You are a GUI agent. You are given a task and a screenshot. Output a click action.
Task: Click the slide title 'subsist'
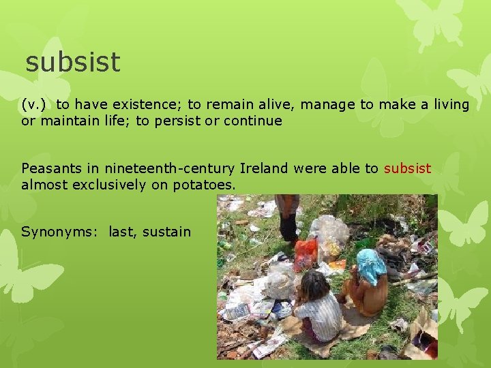pos(72,63)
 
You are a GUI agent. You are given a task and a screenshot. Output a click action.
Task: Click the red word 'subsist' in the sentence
pos(407,168)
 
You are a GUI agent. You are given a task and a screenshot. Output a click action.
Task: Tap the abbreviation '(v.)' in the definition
pos(35,104)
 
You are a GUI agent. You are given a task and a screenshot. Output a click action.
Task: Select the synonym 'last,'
pos(123,232)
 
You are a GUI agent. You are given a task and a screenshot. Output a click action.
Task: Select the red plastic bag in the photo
pos(306,254)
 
